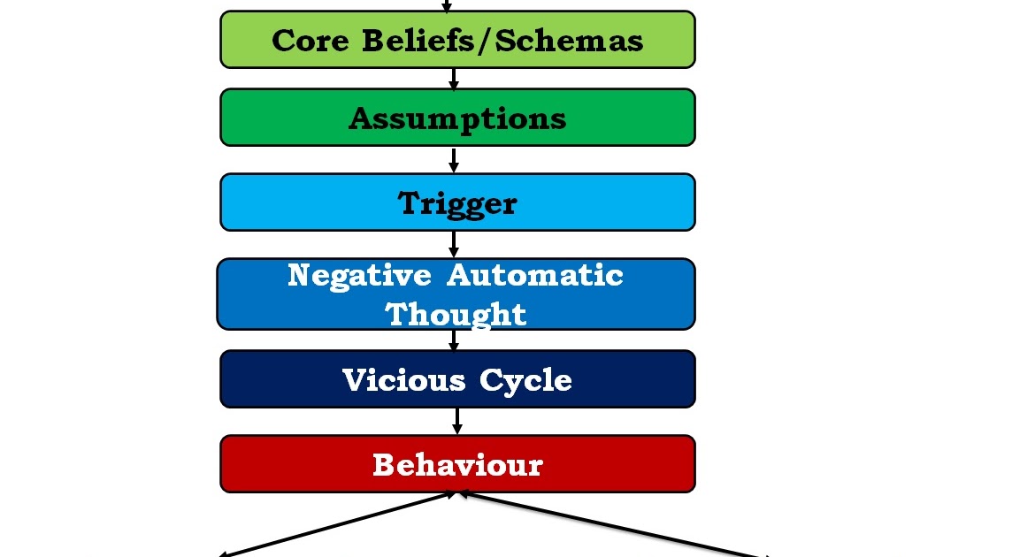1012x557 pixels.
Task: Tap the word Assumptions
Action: click(457, 118)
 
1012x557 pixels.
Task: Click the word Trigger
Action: click(457, 203)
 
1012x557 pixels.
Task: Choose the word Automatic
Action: click(534, 275)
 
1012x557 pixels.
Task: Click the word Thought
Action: click(456, 313)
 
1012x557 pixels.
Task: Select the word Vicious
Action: click(403, 379)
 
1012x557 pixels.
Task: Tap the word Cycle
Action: click(526, 379)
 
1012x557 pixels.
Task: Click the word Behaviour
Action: click(457, 464)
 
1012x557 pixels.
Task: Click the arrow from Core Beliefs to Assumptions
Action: click(454, 79)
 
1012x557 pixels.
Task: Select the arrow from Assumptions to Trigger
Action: click(454, 160)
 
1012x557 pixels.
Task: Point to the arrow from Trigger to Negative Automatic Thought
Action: click(454, 244)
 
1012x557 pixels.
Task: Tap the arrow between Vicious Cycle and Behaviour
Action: click(457, 421)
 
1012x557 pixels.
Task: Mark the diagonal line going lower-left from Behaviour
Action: click(336, 525)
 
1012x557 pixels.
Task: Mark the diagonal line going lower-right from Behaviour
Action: click(610, 525)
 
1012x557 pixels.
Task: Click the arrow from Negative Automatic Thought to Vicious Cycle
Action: click(455, 340)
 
